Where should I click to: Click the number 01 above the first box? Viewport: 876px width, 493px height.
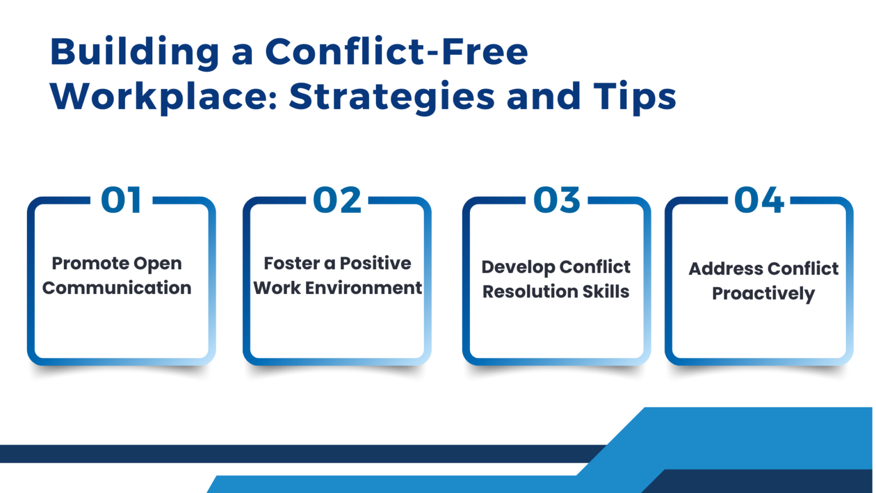tap(121, 200)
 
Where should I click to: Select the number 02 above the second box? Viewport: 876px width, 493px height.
tap(337, 200)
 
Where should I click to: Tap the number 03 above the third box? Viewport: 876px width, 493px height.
tap(557, 200)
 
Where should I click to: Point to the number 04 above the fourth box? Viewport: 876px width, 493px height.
tap(759, 200)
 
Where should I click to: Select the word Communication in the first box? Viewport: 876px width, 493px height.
tap(117, 288)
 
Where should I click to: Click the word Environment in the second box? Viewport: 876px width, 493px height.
tap(363, 288)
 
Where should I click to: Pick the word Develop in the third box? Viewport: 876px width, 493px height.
tap(517, 267)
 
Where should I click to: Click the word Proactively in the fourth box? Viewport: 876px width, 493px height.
tap(763, 294)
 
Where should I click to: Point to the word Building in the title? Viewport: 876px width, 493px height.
tap(135, 52)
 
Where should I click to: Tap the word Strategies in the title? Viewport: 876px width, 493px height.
tap(392, 97)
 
